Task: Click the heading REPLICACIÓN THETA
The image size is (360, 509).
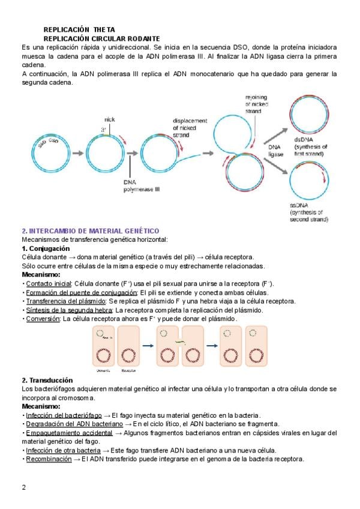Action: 79,29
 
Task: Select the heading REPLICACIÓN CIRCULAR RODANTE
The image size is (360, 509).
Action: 101,38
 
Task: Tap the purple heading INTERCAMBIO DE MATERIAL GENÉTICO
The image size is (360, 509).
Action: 90,230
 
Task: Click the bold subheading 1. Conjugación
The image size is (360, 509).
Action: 46,248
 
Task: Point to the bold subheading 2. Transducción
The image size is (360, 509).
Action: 47,381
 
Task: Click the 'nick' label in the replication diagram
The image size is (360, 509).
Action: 109,119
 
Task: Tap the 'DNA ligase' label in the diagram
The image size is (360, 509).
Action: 275,150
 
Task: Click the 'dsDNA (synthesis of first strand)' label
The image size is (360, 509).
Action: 311,146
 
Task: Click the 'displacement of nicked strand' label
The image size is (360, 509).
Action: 190,127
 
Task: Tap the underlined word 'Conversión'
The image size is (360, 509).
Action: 42,319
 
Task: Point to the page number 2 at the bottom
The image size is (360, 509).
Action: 24,487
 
